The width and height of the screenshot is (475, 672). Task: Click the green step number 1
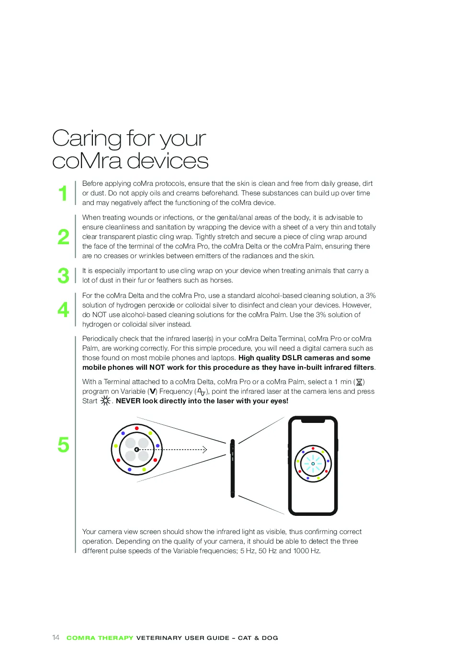tap(63, 193)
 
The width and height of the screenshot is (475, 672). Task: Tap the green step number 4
tap(63, 309)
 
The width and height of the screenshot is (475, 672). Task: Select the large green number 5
tap(63, 444)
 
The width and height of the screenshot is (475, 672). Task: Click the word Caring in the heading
tap(87, 139)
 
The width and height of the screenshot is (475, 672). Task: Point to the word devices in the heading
tap(167, 160)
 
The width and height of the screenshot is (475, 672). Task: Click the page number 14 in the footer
tap(56, 638)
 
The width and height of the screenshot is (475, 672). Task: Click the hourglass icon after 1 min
tap(359, 382)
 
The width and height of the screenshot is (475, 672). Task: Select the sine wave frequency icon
tap(201, 391)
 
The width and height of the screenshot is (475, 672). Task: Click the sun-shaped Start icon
tap(105, 401)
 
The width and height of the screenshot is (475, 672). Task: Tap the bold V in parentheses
tap(153, 391)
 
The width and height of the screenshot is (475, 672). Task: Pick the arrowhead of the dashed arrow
tap(205, 449)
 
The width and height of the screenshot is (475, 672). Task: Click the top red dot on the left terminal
tap(137, 428)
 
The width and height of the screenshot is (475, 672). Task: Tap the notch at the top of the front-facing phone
tap(313, 421)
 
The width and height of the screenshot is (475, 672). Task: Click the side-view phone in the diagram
tap(232, 468)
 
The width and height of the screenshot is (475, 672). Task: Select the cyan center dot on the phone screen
tap(313, 464)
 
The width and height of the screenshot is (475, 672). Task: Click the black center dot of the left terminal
tap(137, 449)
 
